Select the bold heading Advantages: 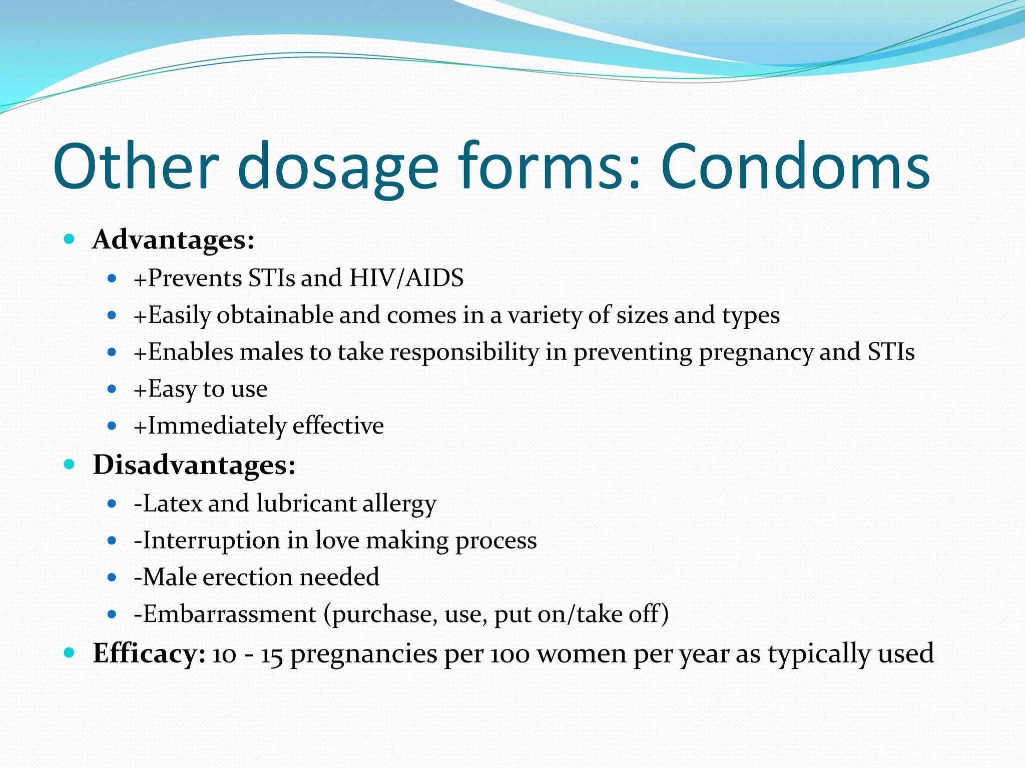(173, 239)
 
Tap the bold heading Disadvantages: (194, 465)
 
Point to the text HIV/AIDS (406, 278)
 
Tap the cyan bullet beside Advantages (70, 239)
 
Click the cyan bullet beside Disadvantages (70, 464)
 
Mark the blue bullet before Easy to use (112, 389)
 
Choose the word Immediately (216, 426)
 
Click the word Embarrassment (230, 614)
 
